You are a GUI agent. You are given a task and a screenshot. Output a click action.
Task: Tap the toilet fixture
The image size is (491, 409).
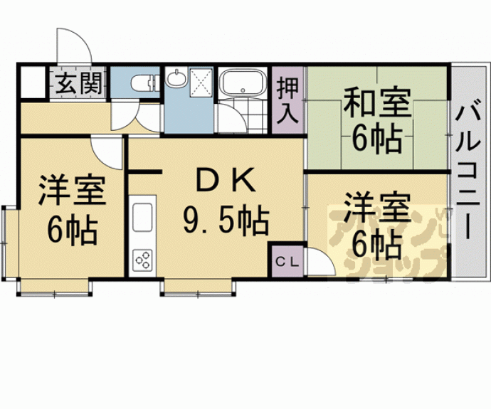[x=146, y=83]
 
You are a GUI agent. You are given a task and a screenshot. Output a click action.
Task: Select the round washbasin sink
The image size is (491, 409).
[x=176, y=80]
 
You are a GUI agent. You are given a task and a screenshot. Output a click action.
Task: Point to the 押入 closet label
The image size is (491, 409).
[x=287, y=100]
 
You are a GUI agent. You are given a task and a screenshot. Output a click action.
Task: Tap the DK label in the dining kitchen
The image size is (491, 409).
[x=224, y=182]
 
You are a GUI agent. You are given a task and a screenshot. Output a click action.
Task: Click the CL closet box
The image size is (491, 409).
[x=287, y=261]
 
